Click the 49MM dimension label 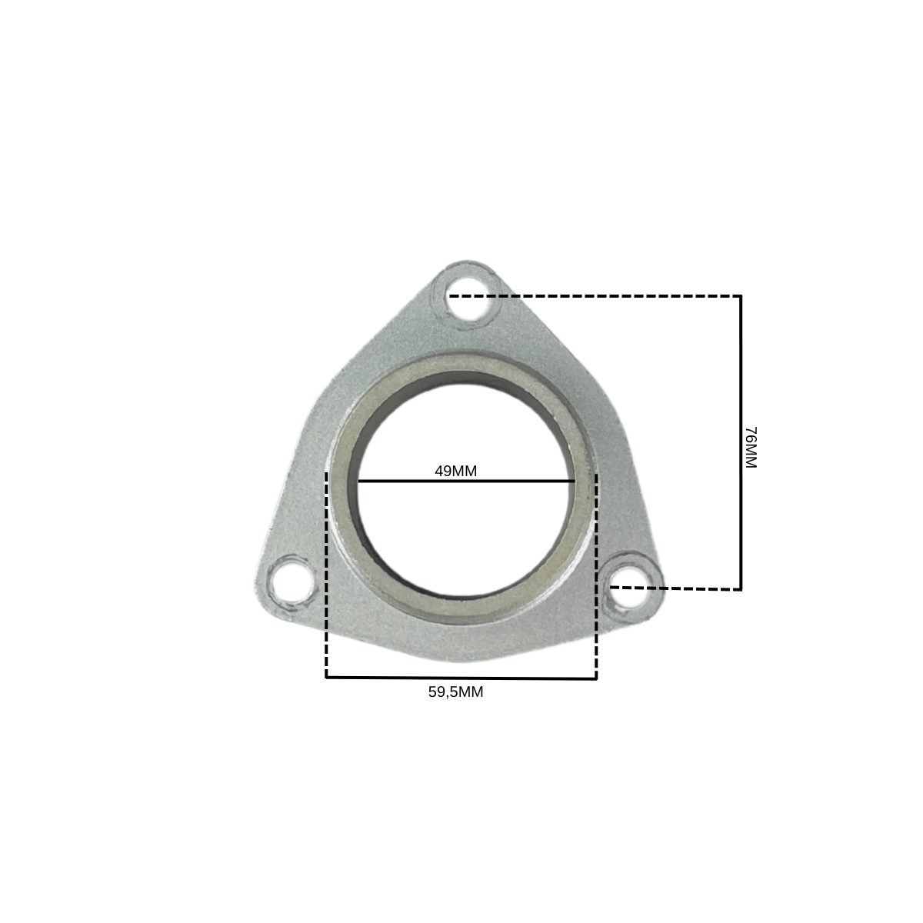[455, 471]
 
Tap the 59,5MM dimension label [455, 691]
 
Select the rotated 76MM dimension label [750, 448]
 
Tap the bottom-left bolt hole [292, 585]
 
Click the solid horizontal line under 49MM [466, 481]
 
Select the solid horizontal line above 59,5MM [461, 678]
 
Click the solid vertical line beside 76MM [741, 442]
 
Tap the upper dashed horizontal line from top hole [594, 296]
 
